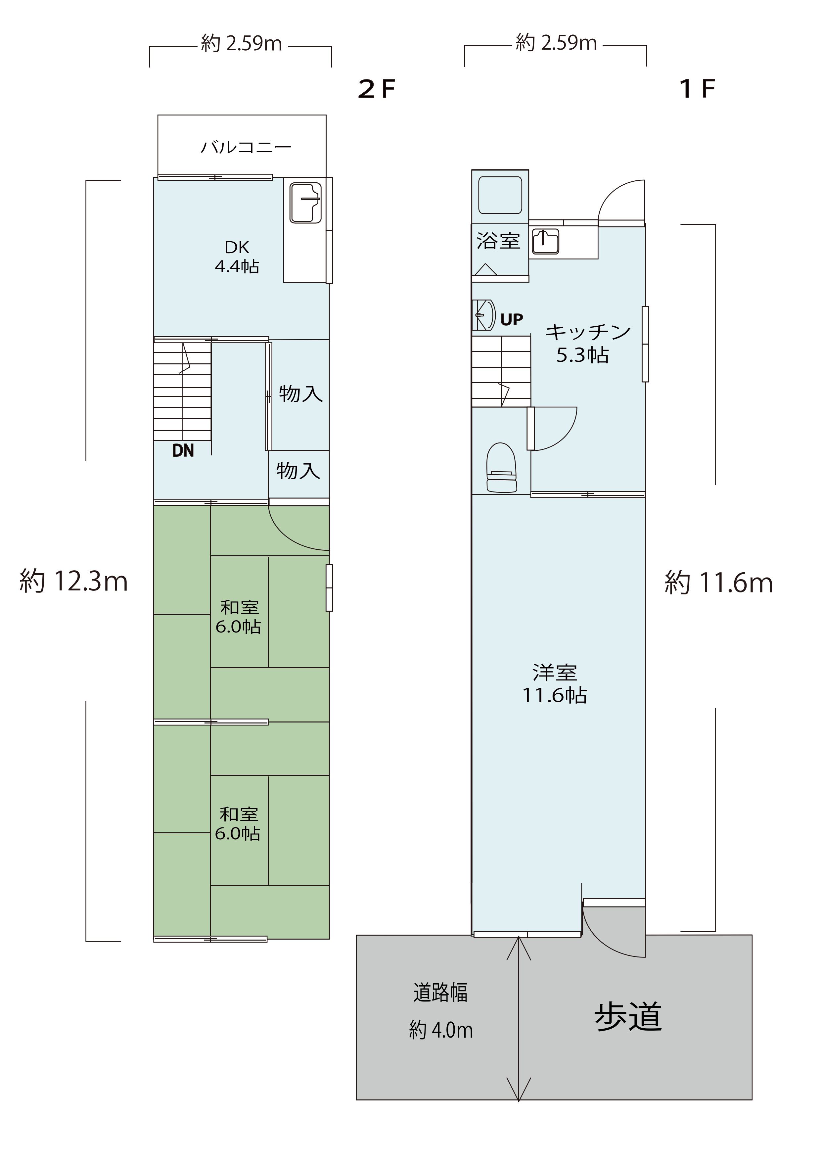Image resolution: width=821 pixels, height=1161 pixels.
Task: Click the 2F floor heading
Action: (376, 89)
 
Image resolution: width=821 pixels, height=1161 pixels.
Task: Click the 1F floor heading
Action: (698, 89)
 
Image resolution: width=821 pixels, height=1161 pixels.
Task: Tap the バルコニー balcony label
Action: (246, 147)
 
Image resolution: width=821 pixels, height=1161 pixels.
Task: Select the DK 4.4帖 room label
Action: (237, 256)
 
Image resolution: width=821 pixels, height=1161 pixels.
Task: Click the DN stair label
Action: (183, 450)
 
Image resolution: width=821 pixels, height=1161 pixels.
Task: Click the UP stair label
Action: (512, 320)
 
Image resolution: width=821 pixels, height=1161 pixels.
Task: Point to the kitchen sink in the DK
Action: (305, 202)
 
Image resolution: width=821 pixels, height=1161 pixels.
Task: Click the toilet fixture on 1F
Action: (501, 467)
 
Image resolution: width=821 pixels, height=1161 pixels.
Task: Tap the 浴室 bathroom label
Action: (498, 240)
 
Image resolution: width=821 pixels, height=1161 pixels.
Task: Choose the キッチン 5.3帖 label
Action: (587, 343)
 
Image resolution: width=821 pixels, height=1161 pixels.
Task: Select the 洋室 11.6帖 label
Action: (555, 684)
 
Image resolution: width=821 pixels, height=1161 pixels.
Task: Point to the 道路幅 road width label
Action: (440, 993)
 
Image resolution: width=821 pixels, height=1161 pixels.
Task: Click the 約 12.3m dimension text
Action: (73, 581)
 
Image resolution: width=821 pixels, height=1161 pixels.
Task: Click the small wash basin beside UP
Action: (483, 315)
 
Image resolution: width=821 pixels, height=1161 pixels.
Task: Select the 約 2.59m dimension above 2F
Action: (241, 43)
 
